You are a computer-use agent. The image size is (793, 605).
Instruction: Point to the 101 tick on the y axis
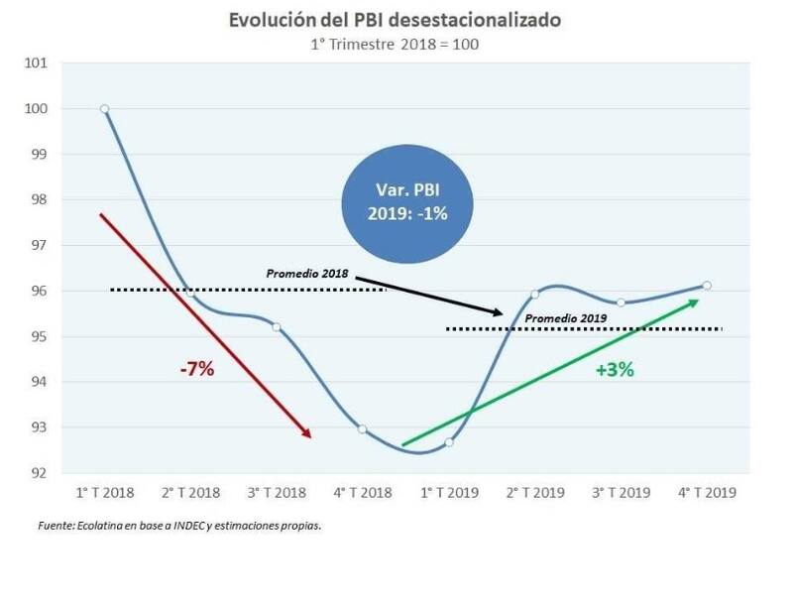[x=37, y=63]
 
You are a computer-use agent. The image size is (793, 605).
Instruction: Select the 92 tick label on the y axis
[x=37, y=473]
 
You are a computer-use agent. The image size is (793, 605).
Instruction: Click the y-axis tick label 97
[x=37, y=246]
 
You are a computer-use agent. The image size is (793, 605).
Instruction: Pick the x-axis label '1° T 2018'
[x=104, y=492]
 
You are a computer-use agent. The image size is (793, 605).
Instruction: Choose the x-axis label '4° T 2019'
[x=706, y=492]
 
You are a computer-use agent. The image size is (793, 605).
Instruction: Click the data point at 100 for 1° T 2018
[x=104, y=109]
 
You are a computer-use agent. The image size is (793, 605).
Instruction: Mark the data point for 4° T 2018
[x=362, y=429]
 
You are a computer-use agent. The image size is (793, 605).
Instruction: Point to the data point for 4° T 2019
[x=706, y=286]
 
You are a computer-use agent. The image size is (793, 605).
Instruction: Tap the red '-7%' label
[x=197, y=370]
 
